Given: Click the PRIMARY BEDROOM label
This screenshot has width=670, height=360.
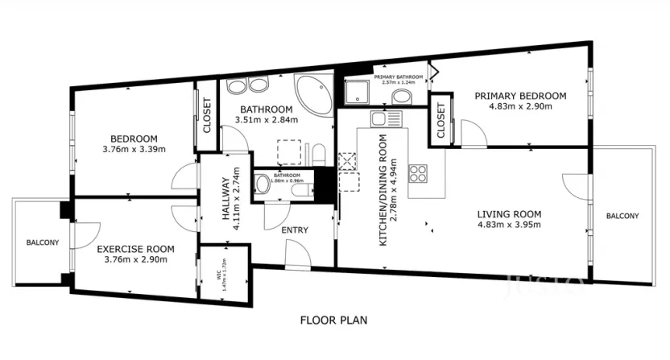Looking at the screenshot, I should tap(519, 96).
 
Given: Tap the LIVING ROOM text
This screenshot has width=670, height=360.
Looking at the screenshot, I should tap(508, 214).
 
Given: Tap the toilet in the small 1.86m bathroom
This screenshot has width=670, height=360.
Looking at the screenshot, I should tap(263, 184).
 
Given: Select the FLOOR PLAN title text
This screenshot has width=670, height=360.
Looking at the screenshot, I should tap(333, 320).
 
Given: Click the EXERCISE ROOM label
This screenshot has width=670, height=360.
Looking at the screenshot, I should tap(131, 249).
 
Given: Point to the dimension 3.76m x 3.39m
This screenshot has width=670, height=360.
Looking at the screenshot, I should tap(134, 149).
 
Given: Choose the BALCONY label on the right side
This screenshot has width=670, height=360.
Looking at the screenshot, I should tap(622, 216).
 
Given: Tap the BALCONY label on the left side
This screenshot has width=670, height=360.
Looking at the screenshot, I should tap(40, 242).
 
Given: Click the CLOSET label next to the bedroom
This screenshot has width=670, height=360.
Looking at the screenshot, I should tap(206, 114).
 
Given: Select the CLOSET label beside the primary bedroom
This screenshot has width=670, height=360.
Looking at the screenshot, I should tap(440, 122).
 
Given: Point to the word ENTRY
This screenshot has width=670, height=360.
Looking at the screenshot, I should tap(295, 230).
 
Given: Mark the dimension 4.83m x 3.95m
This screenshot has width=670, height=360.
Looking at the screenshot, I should tap(508, 225).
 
